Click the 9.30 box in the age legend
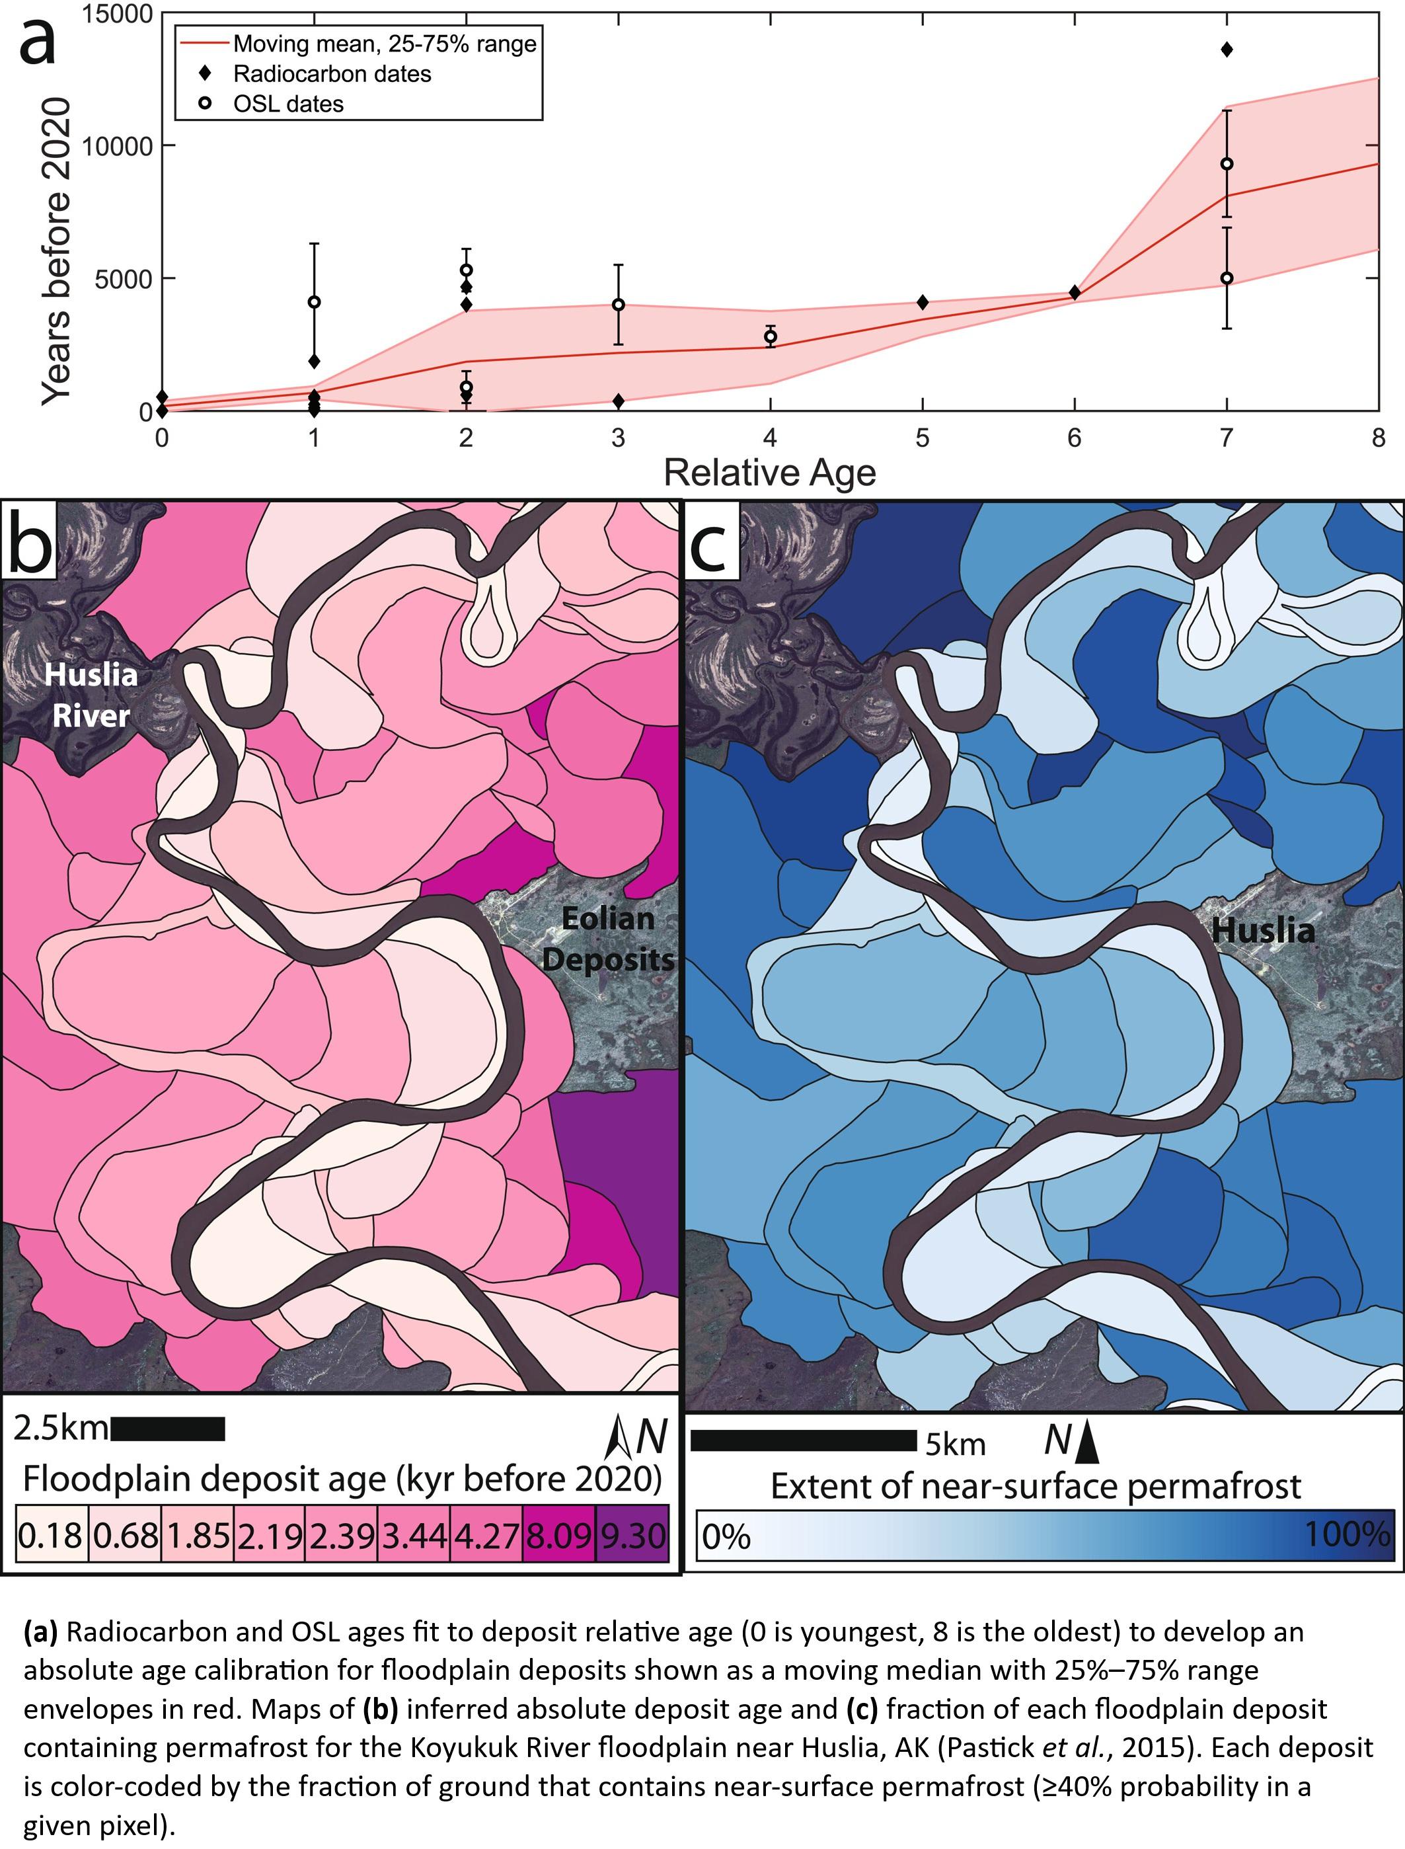(x=632, y=1535)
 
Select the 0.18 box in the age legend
(x=51, y=1535)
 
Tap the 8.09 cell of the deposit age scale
(x=560, y=1535)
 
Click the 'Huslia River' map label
(x=91, y=694)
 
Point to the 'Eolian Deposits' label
(x=608, y=939)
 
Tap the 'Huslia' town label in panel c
(x=1263, y=930)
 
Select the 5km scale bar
(x=803, y=1440)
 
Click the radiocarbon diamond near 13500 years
(x=1227, y=50)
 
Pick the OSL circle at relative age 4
(x=771, y=336)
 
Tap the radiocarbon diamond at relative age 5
(x=923, y=302)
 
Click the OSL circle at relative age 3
(x=618, y=305)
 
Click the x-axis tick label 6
(x=1075, y=438)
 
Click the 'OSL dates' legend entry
(x=287, y=104)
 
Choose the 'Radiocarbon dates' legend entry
(x=332, y=73)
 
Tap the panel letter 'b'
(x=30, y=542)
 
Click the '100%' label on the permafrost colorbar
(x=1346, y=1534)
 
